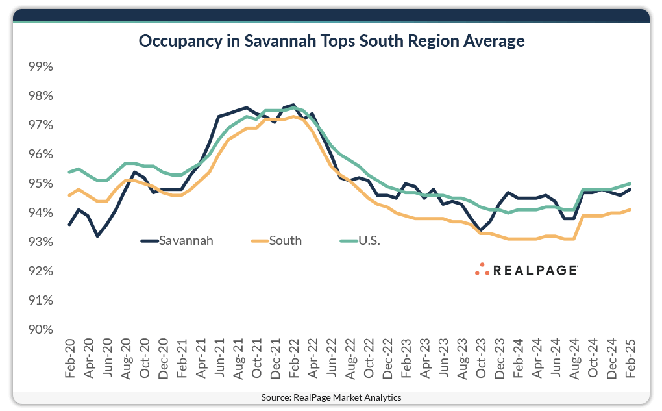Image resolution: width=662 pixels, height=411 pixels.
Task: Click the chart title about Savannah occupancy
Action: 331,42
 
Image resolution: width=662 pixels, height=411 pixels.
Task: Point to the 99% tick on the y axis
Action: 40,67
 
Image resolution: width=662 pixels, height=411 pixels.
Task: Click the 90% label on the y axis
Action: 40,329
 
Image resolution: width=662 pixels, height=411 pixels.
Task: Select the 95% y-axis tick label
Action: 40,184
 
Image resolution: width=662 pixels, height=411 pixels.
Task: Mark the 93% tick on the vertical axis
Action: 40,242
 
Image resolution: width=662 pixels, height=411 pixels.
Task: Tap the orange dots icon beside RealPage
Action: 482,269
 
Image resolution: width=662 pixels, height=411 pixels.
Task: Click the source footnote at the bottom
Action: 331,397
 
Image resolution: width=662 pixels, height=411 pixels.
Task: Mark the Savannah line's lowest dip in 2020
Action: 97,236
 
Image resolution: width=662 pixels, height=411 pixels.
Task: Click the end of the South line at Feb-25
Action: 630,210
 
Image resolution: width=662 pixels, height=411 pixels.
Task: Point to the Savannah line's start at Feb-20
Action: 69,225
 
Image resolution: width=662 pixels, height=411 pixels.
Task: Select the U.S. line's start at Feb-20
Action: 69,172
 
